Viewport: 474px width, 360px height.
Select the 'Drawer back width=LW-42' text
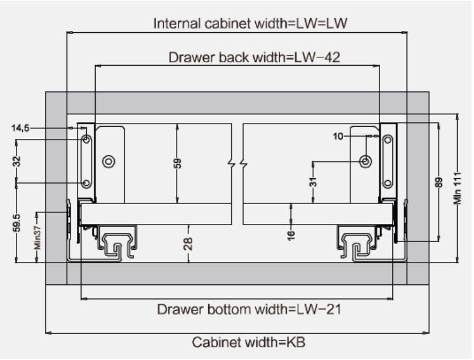click(x=254, y=58)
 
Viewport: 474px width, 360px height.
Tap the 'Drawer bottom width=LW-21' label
click(x=249, y=309)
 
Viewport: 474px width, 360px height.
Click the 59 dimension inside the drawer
click(x=177, y=162)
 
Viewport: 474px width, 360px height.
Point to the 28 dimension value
click(x=188, y=243)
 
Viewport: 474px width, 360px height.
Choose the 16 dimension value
click(x=292, y=235)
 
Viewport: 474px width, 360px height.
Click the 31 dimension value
click(x=314, y=183)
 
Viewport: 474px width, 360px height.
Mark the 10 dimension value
click(x=338, y=136)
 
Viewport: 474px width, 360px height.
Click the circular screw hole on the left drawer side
click(x=108, y=161)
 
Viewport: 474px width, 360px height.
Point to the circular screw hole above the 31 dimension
click(x=365, y=160)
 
